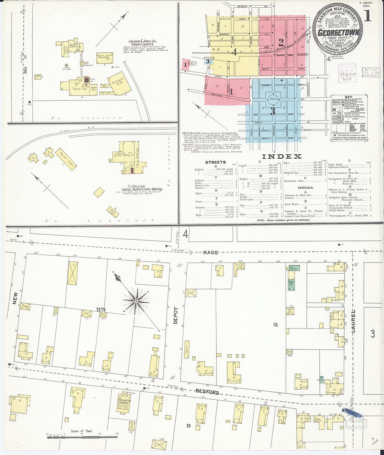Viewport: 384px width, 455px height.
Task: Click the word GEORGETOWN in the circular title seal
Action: point(337,32)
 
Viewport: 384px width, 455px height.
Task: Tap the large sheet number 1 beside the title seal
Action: point(367,16)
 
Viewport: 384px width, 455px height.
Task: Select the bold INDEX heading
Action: point(281,157)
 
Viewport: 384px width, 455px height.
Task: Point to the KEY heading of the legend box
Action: point(348,97)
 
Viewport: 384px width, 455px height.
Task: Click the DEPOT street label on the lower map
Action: point(176,315)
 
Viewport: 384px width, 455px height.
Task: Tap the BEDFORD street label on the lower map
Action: point(207,392)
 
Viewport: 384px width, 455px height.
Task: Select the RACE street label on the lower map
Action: point(211,252)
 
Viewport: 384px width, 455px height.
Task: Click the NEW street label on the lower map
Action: point(15,298)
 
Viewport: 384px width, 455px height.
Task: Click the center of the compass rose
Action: point(135,301)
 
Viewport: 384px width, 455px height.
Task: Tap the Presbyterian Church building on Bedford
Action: point(124,404)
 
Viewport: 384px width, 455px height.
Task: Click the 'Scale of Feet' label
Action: point(82,431)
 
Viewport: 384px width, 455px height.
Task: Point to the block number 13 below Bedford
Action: point(189,425)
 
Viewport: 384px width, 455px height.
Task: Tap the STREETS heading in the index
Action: point(215,162)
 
